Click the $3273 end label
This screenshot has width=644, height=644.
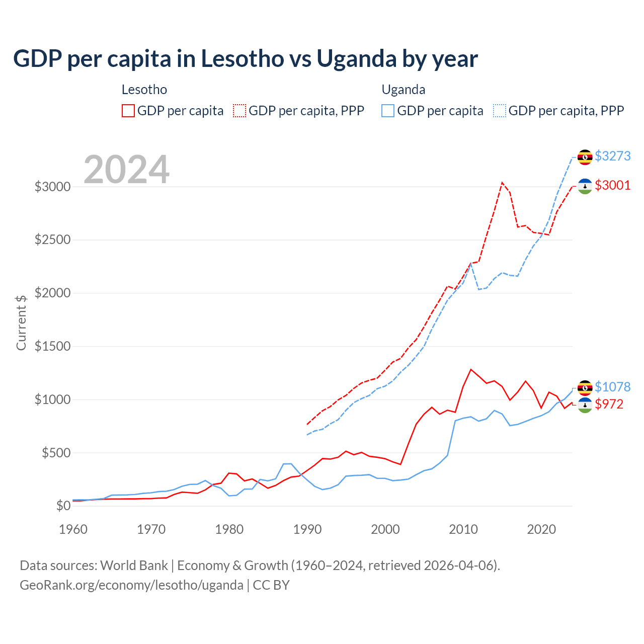pyautogui.click(x=612, y=156)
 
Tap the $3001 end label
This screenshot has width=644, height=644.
pyautogui.click(x=612, y=185)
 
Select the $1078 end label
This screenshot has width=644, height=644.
pyautogui.click(x=612, y=387)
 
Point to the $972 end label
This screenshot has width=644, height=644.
pyautogui.click(x=609, y=404)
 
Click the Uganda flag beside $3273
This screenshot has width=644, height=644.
pyautogui.click(x=585, y=157)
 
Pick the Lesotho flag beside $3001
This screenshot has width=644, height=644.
pyautogui.click(x=585, y=186)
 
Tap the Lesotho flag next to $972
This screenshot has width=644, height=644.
pyautogui.click(x=585, y=405)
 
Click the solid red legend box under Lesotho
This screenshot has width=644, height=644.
pyautogui.click(x=128, y=111)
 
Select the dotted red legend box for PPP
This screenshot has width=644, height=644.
pyautogui.click(x=239, y=111)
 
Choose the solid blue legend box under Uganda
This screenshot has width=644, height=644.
pyautogui.click(x=388, y=111)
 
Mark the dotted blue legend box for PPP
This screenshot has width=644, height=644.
pyautogui.click(x=500, y=111)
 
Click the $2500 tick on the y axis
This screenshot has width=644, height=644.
pyautogui.click(x=52, y=239)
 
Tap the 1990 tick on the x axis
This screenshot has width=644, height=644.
pyautogui.click(x=307, y=529)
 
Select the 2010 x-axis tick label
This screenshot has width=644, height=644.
pyautogui.click(x=463, y=529)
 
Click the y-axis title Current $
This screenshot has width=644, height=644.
pyautogui.click(x=21, y=322)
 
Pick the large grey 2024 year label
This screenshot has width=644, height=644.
pyautogui.click(x=126, y=170)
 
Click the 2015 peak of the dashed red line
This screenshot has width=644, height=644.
pyautogui.click(x=502, y=183)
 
